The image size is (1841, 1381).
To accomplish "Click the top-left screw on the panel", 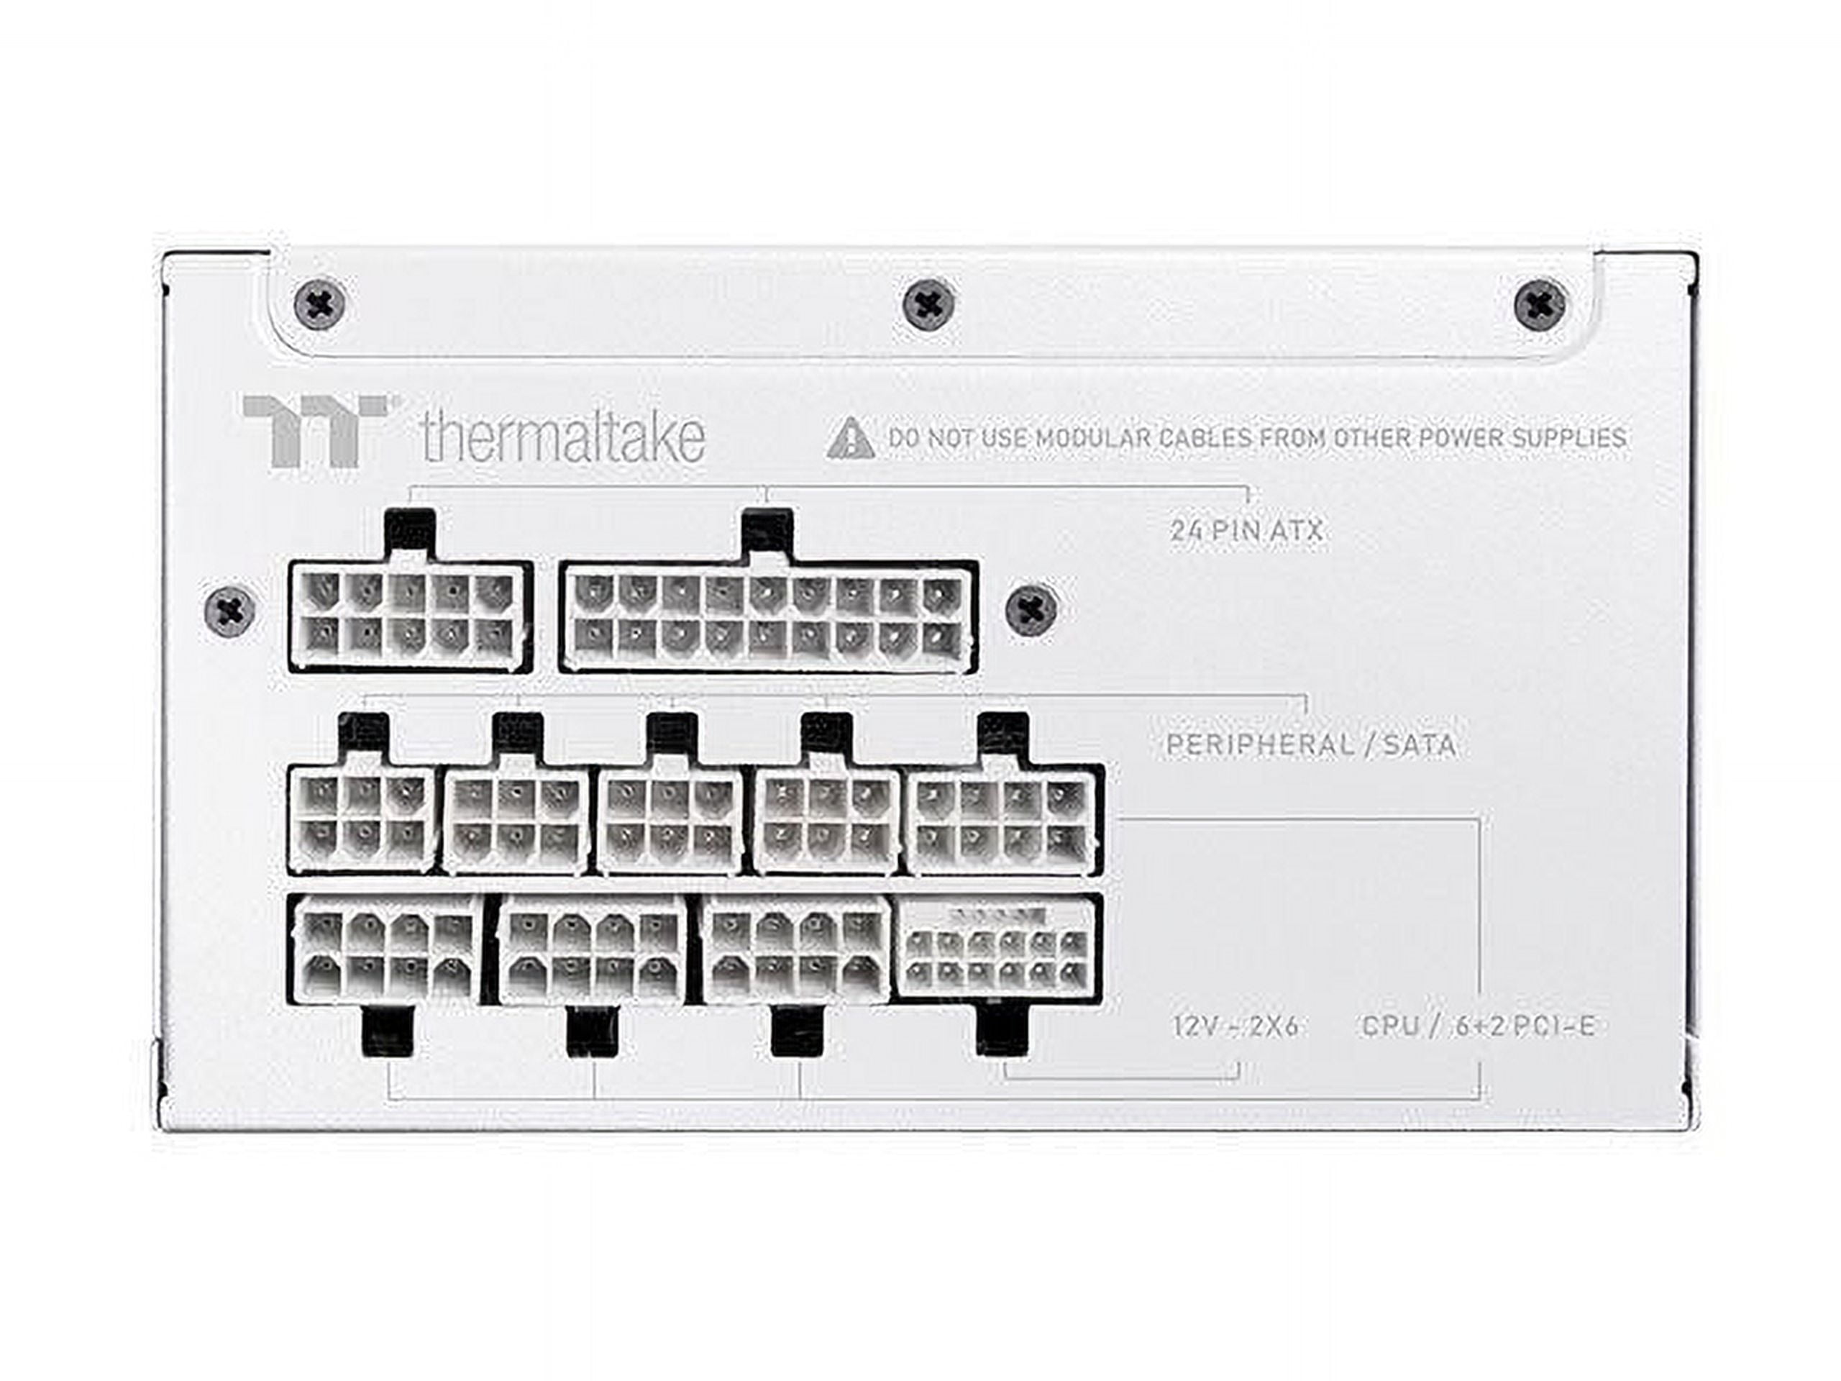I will tap(321, 305).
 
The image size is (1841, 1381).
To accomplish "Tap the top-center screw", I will tap(929, 305).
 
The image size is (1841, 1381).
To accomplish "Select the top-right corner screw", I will tap(1540, 305).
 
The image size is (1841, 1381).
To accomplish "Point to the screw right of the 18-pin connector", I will tap(1032, 611).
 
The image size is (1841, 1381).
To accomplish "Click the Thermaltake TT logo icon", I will tap(314, 430).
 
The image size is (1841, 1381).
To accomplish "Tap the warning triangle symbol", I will tap(851, 439).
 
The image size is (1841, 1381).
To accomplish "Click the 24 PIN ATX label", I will tap(1246, 530).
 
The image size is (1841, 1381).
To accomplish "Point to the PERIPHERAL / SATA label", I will tap(1311, 744).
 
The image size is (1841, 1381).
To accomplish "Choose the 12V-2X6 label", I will tap(1235, 1026).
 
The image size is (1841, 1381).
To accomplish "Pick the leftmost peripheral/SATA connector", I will tap(362, 819).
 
